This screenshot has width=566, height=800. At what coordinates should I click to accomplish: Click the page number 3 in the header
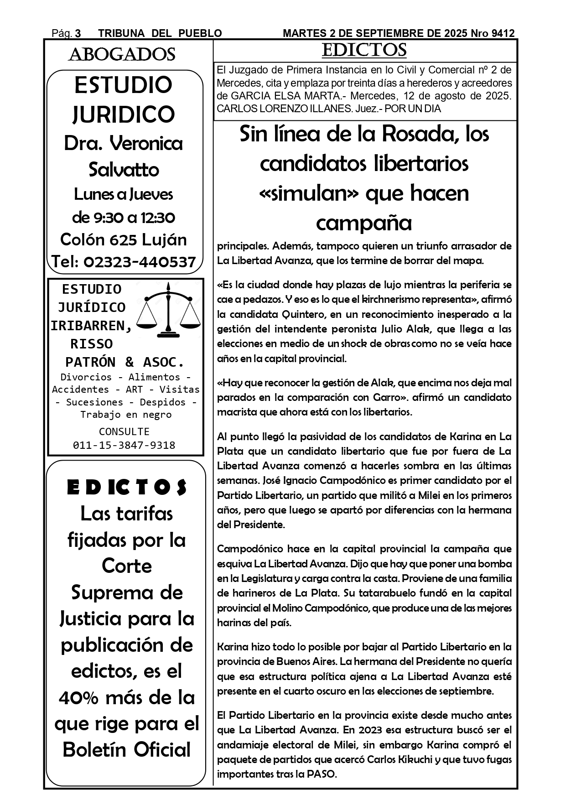pos(78,33)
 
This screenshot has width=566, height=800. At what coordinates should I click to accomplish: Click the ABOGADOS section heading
pos(122,55)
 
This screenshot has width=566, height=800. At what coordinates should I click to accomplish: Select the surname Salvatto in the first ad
pos(124,170)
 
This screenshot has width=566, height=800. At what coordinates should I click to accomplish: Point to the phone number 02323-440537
pos(140,262)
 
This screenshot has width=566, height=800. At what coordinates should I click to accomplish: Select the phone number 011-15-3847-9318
pos(124,445)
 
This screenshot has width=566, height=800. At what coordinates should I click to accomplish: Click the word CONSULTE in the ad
pos(124,431)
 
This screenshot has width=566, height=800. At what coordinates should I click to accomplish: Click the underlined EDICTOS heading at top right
pos(364,50)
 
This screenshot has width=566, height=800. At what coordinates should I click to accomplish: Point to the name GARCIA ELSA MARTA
pos(279,96)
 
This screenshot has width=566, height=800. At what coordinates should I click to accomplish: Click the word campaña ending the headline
pos(363,223)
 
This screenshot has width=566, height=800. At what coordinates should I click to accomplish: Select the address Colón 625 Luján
pos(124,239)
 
